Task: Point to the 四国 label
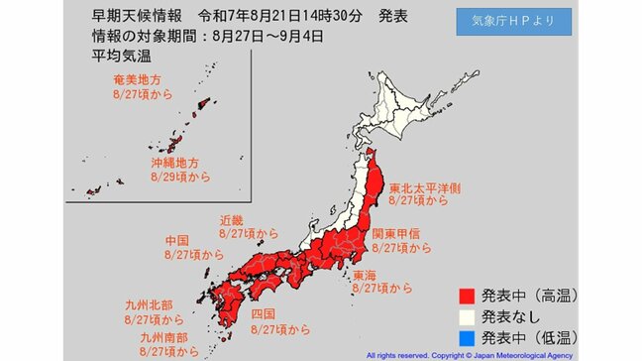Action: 263,313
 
